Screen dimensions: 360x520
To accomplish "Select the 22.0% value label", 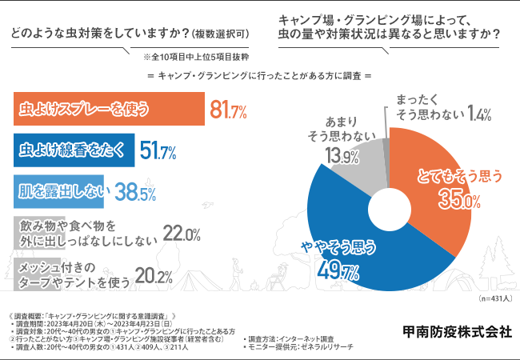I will click(x=181, y=233).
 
